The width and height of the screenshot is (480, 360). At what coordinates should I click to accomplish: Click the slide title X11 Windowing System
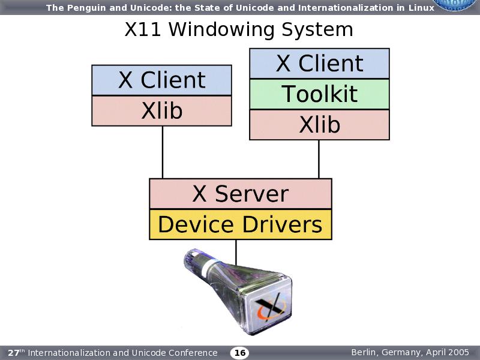[239, 29]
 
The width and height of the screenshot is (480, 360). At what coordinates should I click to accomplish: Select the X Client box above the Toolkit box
[319, 64]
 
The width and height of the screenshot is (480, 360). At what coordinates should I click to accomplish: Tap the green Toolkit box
[319, 94]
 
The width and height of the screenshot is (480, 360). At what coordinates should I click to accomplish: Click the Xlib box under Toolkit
[319, 125]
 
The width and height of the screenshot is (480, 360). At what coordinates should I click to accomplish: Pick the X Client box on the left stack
[161, 80]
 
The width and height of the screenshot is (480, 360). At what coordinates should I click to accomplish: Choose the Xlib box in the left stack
[161, 111]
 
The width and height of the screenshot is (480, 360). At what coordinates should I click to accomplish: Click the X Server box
[240, 194]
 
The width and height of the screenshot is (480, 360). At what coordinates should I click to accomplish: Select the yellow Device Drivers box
[240, 225]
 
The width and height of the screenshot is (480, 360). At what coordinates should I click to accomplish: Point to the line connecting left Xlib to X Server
[163, 152]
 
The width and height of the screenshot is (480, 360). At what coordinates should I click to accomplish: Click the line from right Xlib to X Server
[319, 159]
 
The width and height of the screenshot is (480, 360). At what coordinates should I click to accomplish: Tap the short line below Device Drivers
[236, 252]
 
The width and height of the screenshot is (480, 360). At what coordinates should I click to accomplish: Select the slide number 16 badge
[240, 353]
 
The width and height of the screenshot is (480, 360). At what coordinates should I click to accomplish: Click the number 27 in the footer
[13, 353]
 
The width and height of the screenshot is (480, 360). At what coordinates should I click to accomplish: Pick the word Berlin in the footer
[364, 352]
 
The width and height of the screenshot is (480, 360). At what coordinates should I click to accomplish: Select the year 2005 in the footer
[460, 352]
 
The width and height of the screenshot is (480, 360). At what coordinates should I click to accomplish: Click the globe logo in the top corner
[459, 5]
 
